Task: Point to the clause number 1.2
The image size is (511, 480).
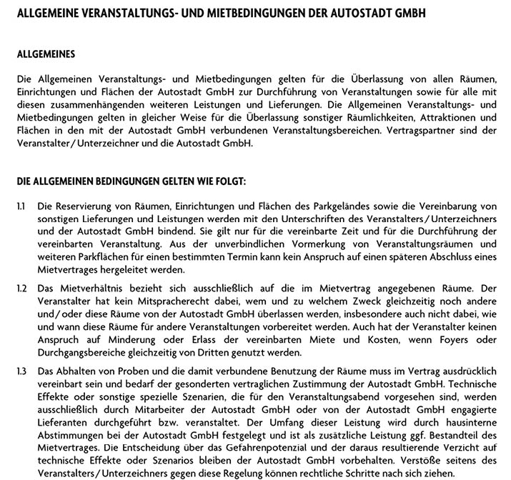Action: (21, 288)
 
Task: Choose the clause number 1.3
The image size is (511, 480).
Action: (21, 370)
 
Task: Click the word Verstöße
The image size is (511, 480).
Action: (423, 451)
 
